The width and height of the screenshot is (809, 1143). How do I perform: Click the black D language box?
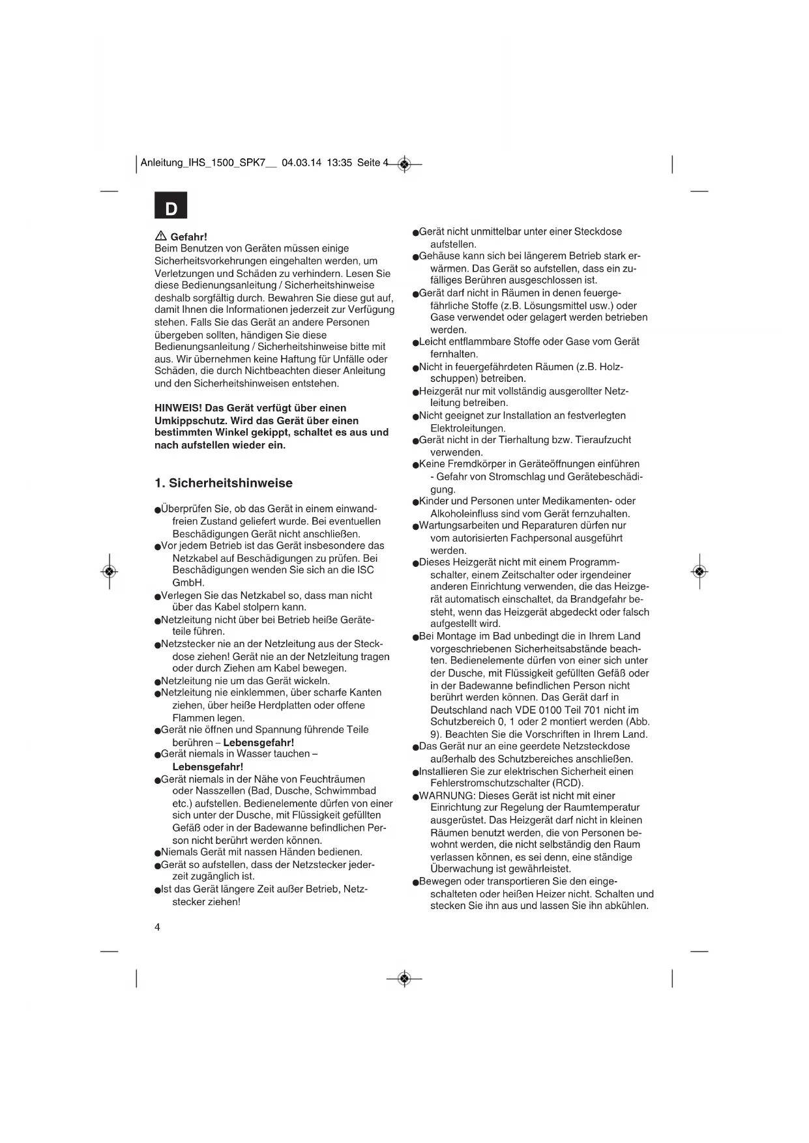click(x=171, y=206)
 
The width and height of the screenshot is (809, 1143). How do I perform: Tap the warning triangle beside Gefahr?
click(x=160, y=236)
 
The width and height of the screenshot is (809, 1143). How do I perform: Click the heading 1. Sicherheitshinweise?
click(x=224, y=483)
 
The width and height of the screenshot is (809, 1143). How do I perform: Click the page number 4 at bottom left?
click(x=158, y=927)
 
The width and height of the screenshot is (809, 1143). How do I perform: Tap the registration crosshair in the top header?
click(x=404, y=164)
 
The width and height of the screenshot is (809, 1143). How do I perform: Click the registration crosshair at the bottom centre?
click(x=404, y=978)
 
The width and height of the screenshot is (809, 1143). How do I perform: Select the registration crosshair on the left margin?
click(x=110, y=571)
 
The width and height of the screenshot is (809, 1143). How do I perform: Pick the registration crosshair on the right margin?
click(x=699, y=571)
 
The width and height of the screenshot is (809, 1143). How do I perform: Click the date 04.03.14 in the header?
click(x=302, y=163)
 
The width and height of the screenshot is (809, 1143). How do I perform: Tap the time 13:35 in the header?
click(x=339, y=163)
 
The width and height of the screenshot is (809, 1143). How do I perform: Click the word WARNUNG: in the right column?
click(x=447, y=796)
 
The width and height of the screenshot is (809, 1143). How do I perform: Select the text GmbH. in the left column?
click(x=188, y=583)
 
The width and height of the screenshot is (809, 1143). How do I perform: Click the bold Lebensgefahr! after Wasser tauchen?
click(x=207, y=766)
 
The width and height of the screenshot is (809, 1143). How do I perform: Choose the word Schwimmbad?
click(x=346, y=790)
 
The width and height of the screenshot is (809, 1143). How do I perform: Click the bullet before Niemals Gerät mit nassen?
click(x=158, y=852)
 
